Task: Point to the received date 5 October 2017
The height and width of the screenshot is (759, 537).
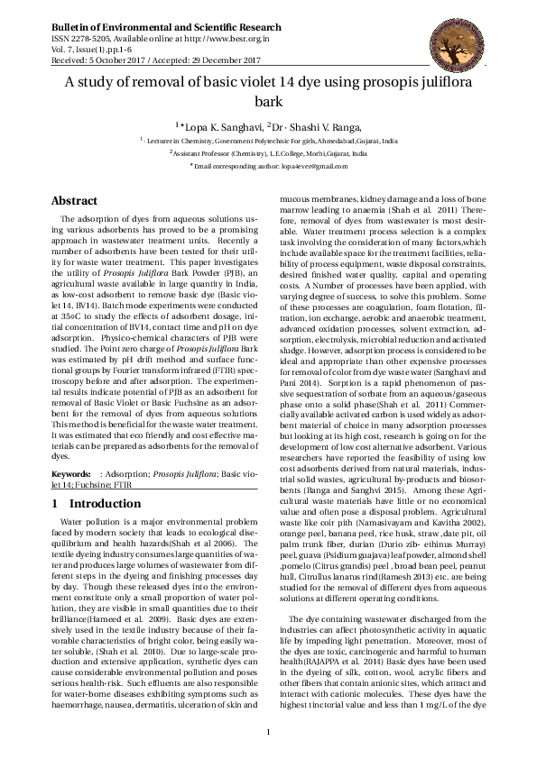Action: coord(121,60)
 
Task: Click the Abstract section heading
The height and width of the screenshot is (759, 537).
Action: coord(74,201)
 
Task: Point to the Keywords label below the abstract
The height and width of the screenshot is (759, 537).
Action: coord(71,473)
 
